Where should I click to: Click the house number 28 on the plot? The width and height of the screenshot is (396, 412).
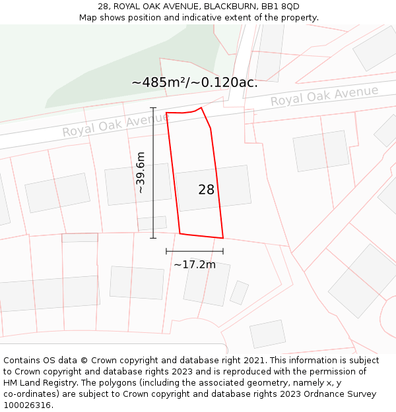tap(206, 190)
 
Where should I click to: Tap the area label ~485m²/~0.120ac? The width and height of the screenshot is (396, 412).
tap(195, 83)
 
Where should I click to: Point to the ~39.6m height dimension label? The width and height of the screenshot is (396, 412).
tap(141, 172)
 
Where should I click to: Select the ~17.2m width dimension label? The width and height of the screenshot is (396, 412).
tap(195, 265)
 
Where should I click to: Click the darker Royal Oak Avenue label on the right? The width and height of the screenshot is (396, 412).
tap(324, 96)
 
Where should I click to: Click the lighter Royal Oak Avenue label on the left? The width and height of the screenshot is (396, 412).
tap(115, 124)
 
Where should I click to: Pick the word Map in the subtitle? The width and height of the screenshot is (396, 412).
tap(88, 17)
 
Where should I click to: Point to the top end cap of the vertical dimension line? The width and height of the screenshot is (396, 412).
tap(153, 107)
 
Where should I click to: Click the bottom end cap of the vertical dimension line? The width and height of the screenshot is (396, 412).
tap(153, 238)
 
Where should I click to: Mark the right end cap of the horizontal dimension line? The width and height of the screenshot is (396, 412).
tap(223, 251)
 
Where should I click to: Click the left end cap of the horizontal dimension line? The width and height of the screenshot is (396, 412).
tap(166, 251)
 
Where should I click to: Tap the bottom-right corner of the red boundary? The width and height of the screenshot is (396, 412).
tap(223, 238)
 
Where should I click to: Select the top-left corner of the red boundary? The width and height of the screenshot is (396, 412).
tap(166, 113)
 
